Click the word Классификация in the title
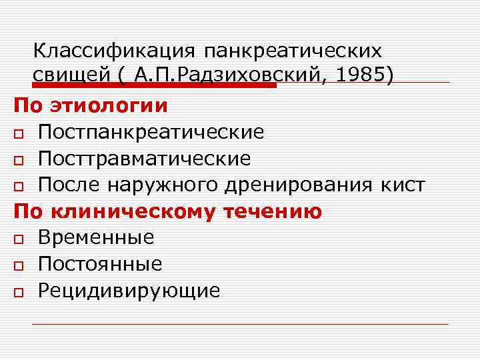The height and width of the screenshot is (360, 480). point(113,51)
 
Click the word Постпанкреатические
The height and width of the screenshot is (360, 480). point(151,133)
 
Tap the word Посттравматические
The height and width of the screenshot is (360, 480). point(145,159)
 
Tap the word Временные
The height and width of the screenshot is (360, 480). point(96,237)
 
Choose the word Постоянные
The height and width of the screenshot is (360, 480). point(100,264)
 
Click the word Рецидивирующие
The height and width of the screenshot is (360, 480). point(129,291)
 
